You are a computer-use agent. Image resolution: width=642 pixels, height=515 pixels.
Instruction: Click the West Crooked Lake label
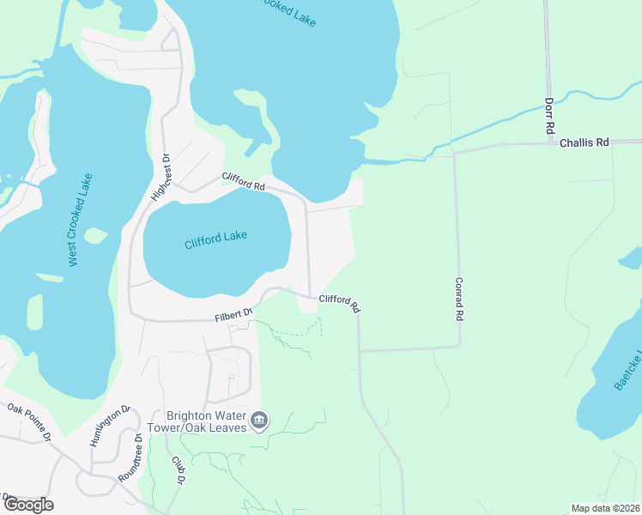coord(82,220)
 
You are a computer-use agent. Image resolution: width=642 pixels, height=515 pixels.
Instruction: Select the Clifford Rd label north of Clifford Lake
coord(243,181)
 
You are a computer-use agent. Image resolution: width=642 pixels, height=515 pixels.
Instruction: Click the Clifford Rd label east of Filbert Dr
coord(339,303)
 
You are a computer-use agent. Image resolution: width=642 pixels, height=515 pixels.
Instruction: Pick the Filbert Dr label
coord(233,316)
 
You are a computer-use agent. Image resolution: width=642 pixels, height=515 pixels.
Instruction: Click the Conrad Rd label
coord(460,299)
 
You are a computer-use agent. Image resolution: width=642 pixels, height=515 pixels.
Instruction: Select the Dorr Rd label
coord(549,114)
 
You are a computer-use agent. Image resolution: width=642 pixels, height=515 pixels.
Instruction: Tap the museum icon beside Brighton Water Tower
coord(260,421)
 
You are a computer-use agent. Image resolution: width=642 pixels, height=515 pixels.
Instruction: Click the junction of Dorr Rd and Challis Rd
coord(548,143)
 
